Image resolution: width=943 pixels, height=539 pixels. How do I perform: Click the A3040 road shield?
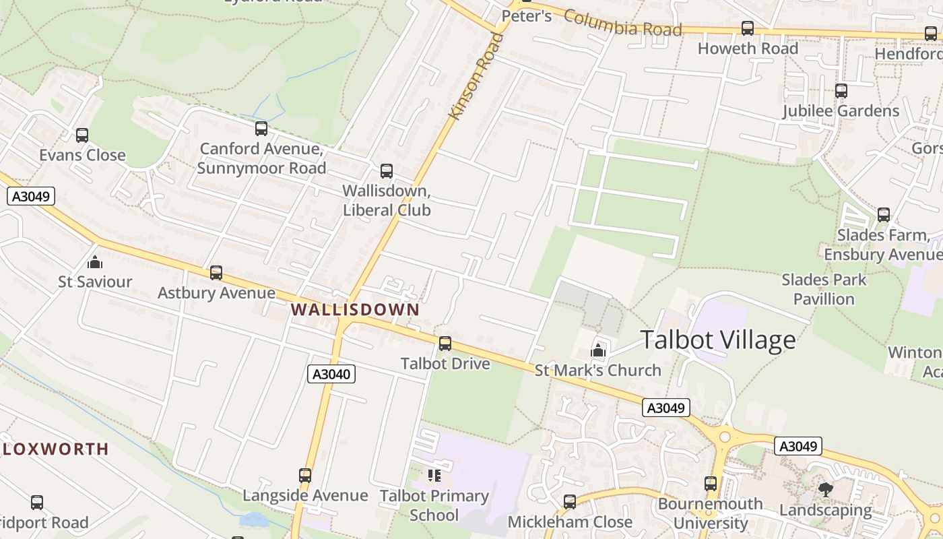[331, 374]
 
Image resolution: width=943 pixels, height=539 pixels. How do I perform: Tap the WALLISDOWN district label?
[355, 310]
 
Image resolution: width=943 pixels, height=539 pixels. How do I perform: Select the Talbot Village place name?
[717, 340]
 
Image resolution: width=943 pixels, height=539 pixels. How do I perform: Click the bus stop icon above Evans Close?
[82, 135]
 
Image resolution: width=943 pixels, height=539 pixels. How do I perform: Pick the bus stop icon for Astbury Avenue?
[216, 273]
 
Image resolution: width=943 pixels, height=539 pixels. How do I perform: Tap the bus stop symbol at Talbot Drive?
[445, 344]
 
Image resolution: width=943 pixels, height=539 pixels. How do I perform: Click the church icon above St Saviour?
[95, 261]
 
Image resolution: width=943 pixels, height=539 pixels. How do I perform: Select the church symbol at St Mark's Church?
[597, 350]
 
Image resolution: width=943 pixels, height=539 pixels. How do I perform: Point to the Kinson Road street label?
[476, 76]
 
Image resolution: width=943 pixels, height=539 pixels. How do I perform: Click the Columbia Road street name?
[622, 23]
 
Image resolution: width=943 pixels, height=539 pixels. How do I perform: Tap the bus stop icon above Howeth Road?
[748, 28]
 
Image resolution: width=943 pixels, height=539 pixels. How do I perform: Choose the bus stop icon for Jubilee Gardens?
[841, 91]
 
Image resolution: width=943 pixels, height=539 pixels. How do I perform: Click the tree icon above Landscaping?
[826, 490]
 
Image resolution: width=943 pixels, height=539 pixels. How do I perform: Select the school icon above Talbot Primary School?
[434, 476]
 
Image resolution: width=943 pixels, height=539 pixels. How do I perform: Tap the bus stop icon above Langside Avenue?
[305, 476]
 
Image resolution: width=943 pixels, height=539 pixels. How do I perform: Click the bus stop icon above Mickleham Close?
[570, 502]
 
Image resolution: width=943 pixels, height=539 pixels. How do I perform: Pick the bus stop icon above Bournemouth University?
[711, 484]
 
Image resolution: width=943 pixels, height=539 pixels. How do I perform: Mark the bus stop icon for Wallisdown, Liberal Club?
[386, 171]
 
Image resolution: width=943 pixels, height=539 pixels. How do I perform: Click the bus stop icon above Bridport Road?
[37, 503]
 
